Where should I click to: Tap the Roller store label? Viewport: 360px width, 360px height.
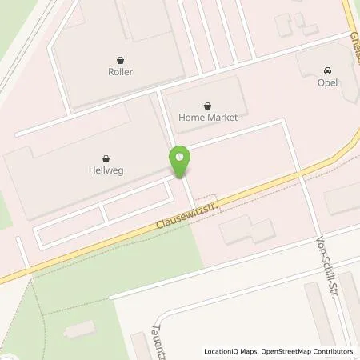point(122,72)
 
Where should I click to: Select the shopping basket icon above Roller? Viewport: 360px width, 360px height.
point(122,59)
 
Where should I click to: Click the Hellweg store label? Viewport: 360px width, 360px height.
point(106,170)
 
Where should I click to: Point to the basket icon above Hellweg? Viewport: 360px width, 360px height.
point(106,158)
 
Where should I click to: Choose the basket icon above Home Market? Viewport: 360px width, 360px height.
point(207,106)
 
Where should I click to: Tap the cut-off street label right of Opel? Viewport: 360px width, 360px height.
point(354,48)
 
